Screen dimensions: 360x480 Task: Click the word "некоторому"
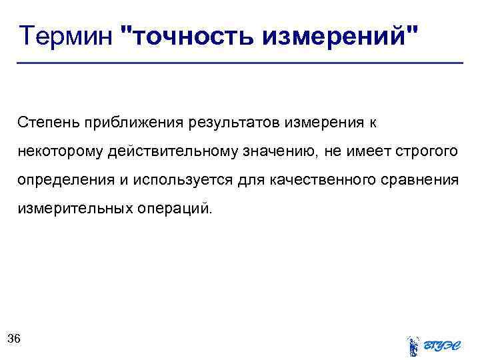point(59,152)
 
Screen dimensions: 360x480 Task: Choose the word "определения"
point(60,181)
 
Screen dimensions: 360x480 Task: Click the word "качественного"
point(319,181)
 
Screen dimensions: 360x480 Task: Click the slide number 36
point(14,339)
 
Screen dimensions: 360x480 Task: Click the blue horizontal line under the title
point(240,63)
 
